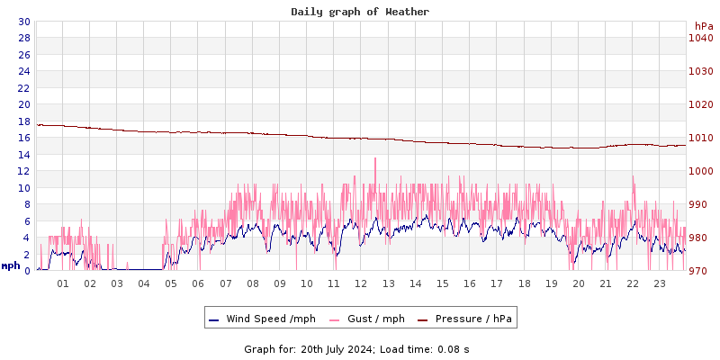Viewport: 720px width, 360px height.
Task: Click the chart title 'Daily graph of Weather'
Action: click(x=360, y=12)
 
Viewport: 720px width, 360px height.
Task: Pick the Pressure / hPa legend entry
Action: click(x=472, y=319)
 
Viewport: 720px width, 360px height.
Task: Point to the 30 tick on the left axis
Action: click(x=23, y=22)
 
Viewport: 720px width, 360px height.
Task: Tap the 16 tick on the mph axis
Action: click(x=23, y=138)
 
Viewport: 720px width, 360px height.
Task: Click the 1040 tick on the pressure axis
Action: click(x=700, y=38)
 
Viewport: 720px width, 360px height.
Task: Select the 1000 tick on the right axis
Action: click(x=700, y=171)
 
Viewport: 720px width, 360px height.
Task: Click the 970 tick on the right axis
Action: click(x=700, y=271)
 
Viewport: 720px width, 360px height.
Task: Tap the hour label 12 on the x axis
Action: click(x=361, y=283)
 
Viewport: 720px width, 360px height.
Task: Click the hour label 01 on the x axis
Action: click(x=63, y=283)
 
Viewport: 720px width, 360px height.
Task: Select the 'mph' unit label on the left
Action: click(x=11, y=265)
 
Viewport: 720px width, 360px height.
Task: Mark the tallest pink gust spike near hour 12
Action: click(x=374, y=160)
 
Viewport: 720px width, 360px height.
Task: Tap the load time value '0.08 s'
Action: click(x=454, y=349)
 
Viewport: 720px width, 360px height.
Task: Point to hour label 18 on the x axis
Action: click(x=524, y=283)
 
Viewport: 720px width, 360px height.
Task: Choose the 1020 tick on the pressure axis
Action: click(x=700, y=104)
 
